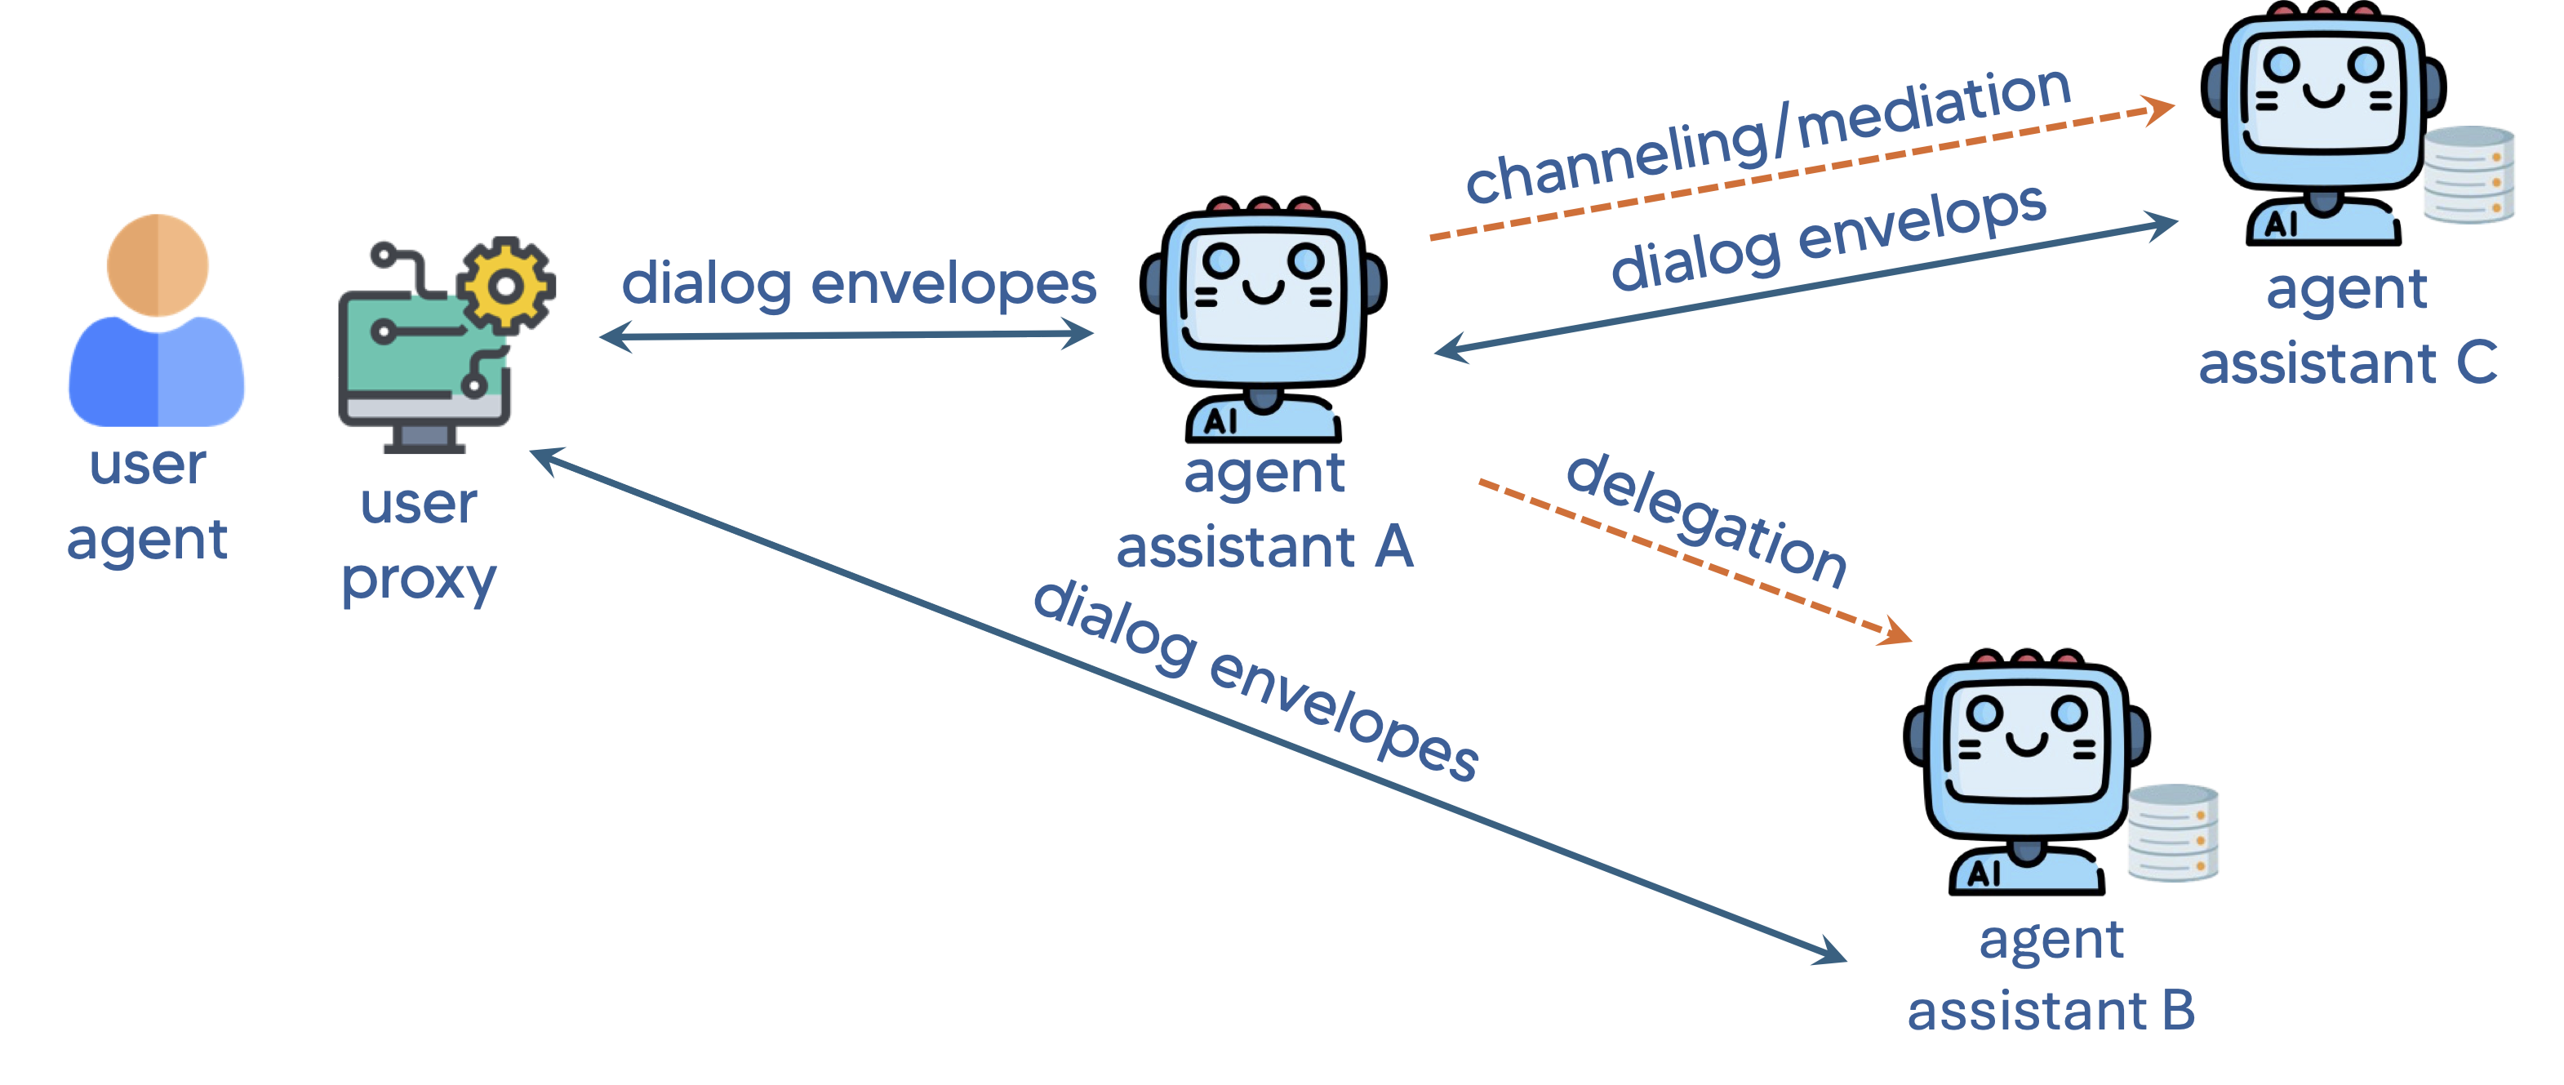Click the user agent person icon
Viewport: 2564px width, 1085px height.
[x=156, y=318]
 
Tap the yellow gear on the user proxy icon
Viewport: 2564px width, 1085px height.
[x=505, y=287]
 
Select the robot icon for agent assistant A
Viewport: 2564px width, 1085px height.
[x=1263, y=318]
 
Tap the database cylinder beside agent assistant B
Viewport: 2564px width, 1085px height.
[x=2173, y=834]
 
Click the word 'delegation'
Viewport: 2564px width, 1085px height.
[x=1706, y=519]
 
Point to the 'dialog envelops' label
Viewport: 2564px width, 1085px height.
[x=1828, y=237]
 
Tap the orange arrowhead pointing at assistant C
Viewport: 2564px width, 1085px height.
[x=2158, y=109]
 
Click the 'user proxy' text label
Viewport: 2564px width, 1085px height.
[x=419, y=541]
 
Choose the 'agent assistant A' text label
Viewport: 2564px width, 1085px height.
[x=1264, y=509]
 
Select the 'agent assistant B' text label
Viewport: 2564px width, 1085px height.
[x=2051, y=976]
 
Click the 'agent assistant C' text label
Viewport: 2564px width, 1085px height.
[x=2347, y=327]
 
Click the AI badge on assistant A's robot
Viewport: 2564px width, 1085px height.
[x=1220, y=421]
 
